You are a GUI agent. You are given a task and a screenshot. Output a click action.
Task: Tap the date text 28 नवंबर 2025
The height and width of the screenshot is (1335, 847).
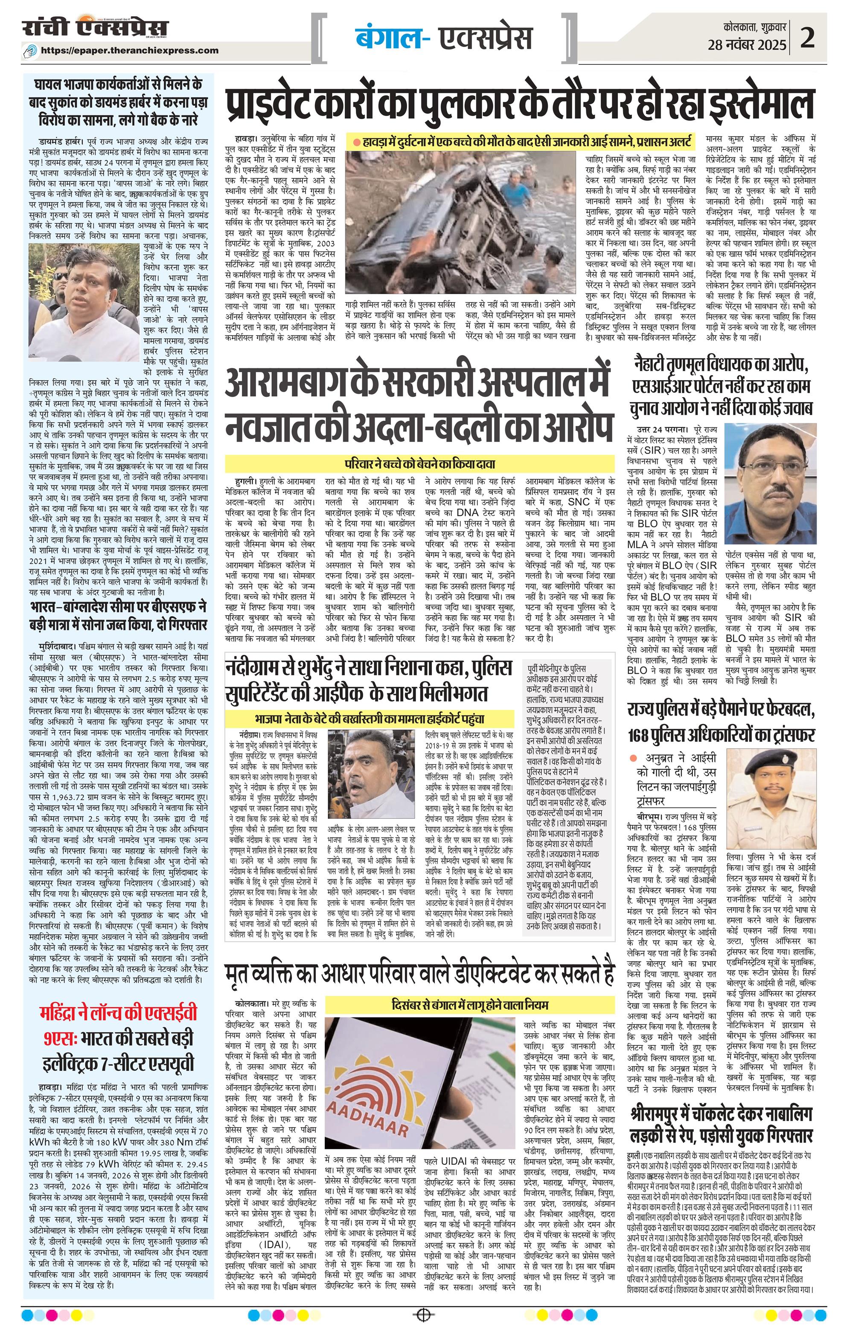click(x=747, y=46)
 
